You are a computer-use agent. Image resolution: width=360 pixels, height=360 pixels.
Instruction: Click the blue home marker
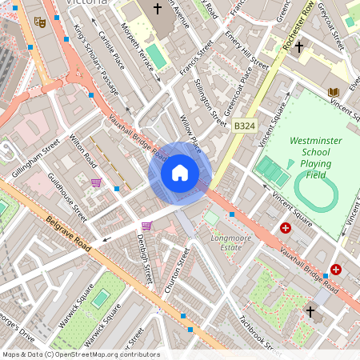(180, 173)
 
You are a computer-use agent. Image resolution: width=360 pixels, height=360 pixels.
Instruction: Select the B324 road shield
(244, 126)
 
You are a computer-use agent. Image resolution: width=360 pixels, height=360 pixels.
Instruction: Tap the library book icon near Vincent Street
(334, 93)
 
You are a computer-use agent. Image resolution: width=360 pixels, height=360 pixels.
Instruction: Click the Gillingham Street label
(37, 158)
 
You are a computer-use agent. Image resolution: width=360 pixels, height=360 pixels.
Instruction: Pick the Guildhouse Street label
(67, 197)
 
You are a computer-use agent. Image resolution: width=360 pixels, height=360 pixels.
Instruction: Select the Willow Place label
(190, 132)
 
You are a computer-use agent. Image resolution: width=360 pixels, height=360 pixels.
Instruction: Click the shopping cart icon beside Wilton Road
(96, 183)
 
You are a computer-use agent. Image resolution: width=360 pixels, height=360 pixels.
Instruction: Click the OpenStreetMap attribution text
(81, 354)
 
